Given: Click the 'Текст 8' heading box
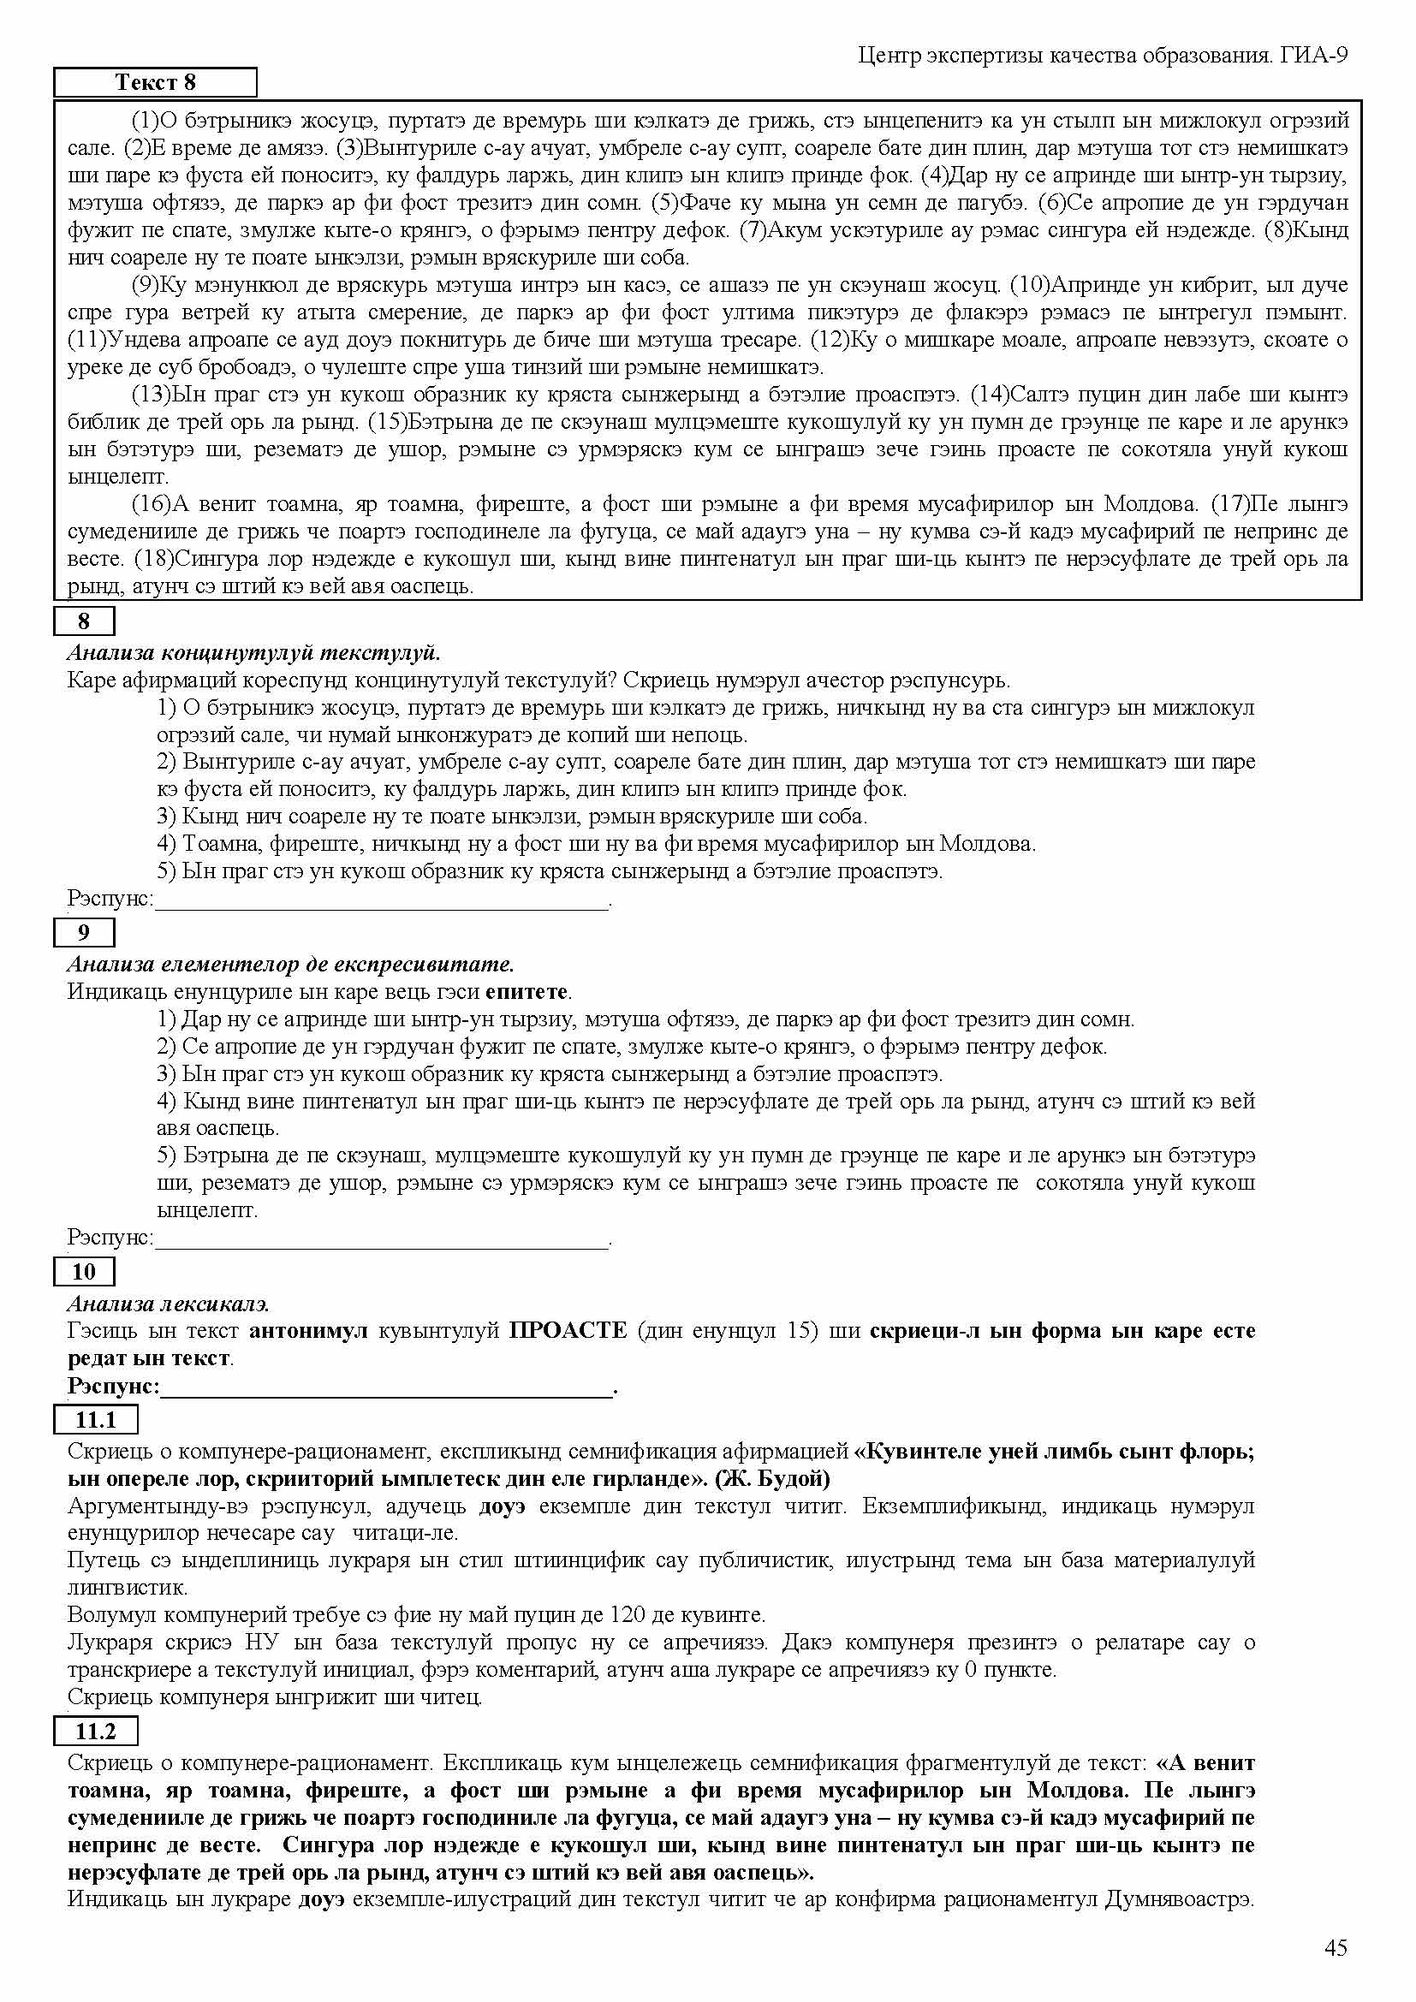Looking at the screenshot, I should [x=155, y=83].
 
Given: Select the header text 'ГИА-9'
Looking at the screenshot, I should [x=1314, y=56].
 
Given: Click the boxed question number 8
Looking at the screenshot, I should [x=84, y=621].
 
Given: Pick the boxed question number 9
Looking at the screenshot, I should [x=84, y=933].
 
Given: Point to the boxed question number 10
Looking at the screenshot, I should [x=84, y=1272].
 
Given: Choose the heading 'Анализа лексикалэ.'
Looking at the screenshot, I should [x=169, y=1304].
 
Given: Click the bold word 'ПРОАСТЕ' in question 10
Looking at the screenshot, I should [x=568, y=1332].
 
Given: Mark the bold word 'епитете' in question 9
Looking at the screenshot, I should [x=527, y=991].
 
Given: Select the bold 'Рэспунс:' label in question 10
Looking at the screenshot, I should [x=113, y=1387].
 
